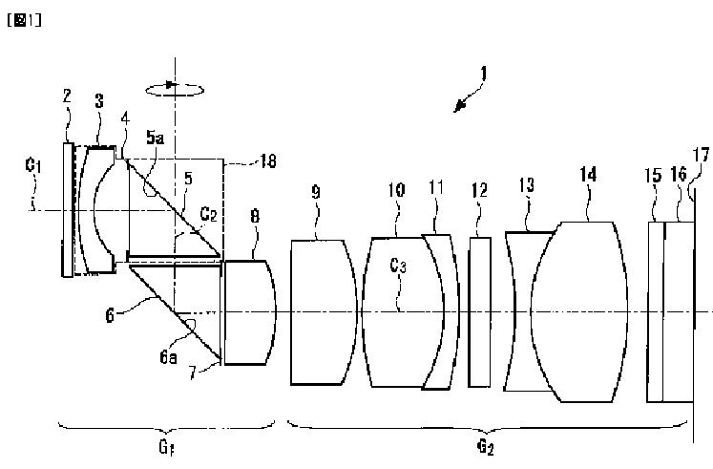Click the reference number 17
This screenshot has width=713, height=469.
pyautogui.click(x=702, y=155)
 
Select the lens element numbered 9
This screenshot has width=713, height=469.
pyautogui.click(x=323, y=311)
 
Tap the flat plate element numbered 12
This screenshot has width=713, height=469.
pyautogui.click(x=480, y=311)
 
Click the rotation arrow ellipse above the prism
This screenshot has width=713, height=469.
pyautogui.click(x=174, y=87)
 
